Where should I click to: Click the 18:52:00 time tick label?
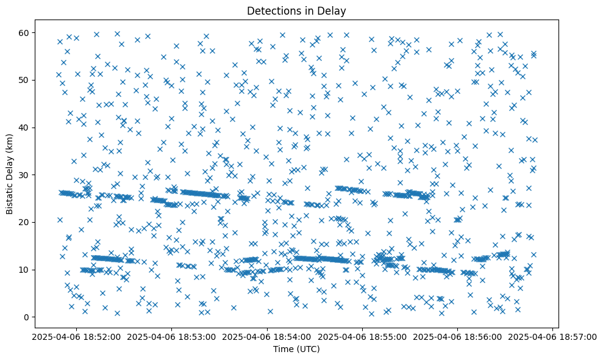pyautogui.click(x=76, y=336)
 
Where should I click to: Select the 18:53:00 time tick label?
pyautogui.click(x=172, y=336)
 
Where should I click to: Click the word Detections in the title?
pyautogui.click(x=270, y=10)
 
